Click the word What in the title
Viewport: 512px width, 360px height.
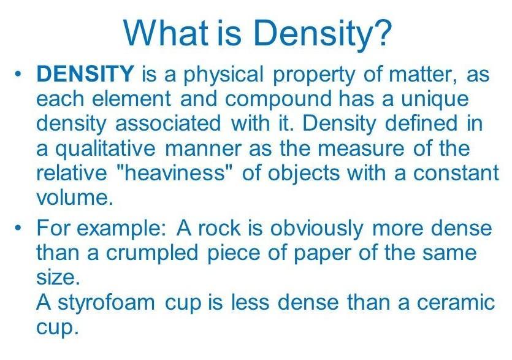[x=166, y=33]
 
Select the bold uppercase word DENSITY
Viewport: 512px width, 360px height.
[x=85, y=73]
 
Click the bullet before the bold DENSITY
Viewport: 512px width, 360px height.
[x=18, y=74]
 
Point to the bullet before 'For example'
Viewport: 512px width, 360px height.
[x=18, y=227]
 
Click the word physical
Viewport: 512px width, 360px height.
[x=223, y=75]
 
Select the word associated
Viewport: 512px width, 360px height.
[x=168, y=123]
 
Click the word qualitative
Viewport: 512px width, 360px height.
[x=105, y=149]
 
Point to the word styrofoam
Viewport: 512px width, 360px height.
[x=107, y=303]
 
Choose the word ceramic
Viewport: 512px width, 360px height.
[x=456, y=302]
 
